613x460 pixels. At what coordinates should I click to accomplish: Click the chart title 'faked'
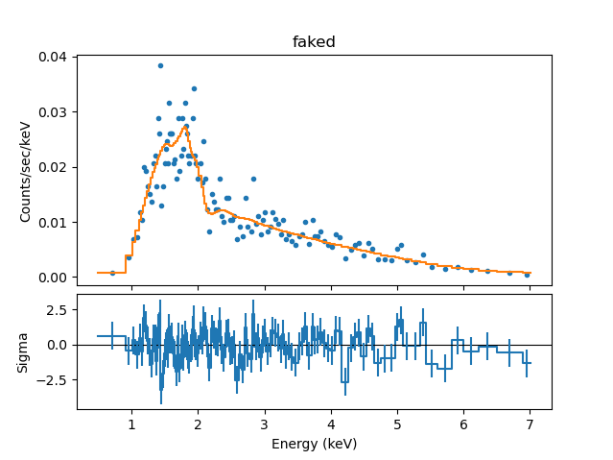pos(314,42)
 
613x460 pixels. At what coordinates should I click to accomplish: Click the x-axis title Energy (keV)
pos(314,443)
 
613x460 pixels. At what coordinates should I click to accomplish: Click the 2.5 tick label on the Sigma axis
pos(58,310)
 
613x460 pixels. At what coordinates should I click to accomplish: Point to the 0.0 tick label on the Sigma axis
pos(58,345)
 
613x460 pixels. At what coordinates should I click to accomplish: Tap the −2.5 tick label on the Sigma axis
pos(54,379)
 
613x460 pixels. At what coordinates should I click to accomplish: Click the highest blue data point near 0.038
pos(160,65)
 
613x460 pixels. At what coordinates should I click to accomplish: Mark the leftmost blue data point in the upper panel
pos(112,273)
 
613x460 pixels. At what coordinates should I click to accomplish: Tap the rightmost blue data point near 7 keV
pos(527,275)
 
